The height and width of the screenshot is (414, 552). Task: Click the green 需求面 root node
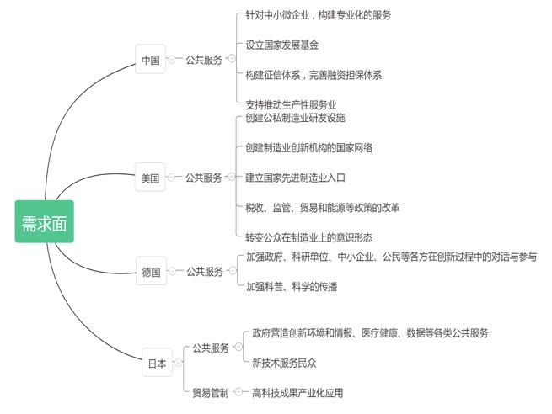[45, 221]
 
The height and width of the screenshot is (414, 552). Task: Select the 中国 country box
[150, 59]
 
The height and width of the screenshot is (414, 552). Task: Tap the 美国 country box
[150, 177]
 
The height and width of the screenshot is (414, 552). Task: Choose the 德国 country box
[151, 271]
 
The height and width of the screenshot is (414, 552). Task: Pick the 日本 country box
[157, 363]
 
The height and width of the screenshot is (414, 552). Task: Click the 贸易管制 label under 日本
[211, 393]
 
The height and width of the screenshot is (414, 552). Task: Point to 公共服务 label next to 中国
[204, 60]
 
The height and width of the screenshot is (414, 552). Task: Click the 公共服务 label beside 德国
[205, 271]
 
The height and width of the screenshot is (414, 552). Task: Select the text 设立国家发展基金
[282, 45]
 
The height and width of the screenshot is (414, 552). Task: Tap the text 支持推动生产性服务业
[291, 104]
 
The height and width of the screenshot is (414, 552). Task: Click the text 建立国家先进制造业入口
[295, 178]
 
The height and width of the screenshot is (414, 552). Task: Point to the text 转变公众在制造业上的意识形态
[308, 237]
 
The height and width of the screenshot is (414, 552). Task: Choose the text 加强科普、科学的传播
[292, 287]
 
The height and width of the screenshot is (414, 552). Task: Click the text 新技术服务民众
[284, 363]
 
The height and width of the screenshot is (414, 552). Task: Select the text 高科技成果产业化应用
[297, 393]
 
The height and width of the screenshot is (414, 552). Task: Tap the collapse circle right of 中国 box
[171, 60]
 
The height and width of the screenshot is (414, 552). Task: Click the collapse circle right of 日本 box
[178, 362]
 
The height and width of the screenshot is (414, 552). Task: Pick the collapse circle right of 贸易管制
[238, 392]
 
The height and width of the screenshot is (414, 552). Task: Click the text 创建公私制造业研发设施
[295, 118]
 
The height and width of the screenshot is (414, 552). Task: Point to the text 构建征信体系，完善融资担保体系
[314, 75]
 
